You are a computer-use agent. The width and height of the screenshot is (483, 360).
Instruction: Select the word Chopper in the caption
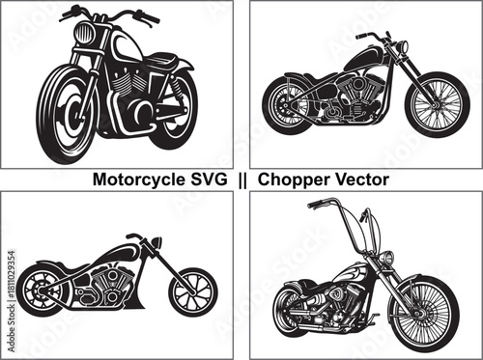293,180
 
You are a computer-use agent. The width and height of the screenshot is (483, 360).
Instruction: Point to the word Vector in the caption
359,180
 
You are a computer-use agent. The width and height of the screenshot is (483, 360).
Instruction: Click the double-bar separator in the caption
242,180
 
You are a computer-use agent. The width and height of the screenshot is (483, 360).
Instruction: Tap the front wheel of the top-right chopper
437,104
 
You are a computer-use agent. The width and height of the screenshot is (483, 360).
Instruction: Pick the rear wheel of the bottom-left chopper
48,290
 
